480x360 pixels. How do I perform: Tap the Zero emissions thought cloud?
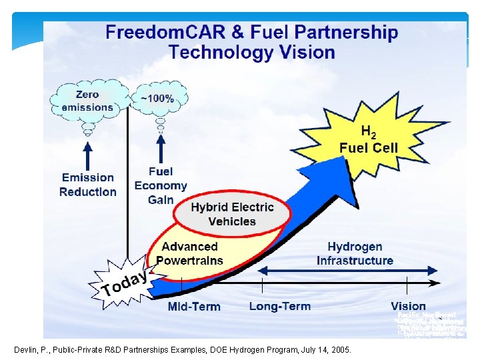coord(87,101)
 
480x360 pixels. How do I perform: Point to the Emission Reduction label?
coord(87,185)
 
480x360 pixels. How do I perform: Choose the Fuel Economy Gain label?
coord(161,186)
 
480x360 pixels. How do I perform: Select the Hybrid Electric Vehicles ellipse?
coord(232,214)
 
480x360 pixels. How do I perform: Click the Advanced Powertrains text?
coord(190,253)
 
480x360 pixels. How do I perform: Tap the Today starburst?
coord(126,283)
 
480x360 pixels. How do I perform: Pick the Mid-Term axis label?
coord(193,307)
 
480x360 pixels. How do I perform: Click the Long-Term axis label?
coord(280,306)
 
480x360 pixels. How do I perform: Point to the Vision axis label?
coord(408,306)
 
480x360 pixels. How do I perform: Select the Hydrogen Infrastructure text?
coord(355,253)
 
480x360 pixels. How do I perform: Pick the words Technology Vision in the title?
coord(252,52)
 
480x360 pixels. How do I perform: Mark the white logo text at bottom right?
coord(429,325)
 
